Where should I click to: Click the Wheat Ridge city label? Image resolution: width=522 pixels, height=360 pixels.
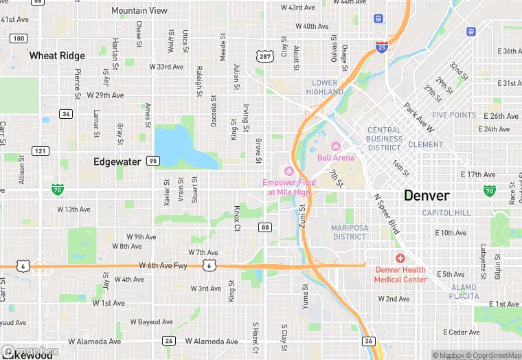coord(57,56)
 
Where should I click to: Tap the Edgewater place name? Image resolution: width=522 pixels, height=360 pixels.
coord(117,161)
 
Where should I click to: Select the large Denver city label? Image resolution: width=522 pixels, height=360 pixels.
coord(427,195)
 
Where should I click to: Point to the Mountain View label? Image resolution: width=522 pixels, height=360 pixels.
coord(139,11)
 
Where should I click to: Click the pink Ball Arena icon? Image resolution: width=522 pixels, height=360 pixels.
coord(336,146)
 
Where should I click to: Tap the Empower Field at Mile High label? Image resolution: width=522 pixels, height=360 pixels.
coord(288,187)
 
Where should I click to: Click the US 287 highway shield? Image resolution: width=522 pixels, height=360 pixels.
coord(265,56)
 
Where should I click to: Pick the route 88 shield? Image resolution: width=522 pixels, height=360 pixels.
coord(265,227)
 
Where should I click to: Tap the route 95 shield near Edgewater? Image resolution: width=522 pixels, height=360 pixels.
coord(152,161)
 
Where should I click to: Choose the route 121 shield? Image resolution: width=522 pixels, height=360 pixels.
coord(40,150)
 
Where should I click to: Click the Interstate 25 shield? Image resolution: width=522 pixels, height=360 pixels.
coord(382,47)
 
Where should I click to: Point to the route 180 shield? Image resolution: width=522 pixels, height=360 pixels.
coord(19,38)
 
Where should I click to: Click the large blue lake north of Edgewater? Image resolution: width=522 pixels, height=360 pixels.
coord(179,146)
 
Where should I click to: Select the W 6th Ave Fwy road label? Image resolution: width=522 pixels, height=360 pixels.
coord(163,265)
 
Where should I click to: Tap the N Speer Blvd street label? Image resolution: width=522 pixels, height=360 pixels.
coord(385,212)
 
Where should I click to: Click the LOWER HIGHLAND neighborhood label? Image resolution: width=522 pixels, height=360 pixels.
coord(324,87)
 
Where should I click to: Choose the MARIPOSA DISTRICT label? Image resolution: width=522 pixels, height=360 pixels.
coord(350,232)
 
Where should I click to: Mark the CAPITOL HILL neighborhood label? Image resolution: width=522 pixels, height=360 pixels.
coord(446,213)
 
